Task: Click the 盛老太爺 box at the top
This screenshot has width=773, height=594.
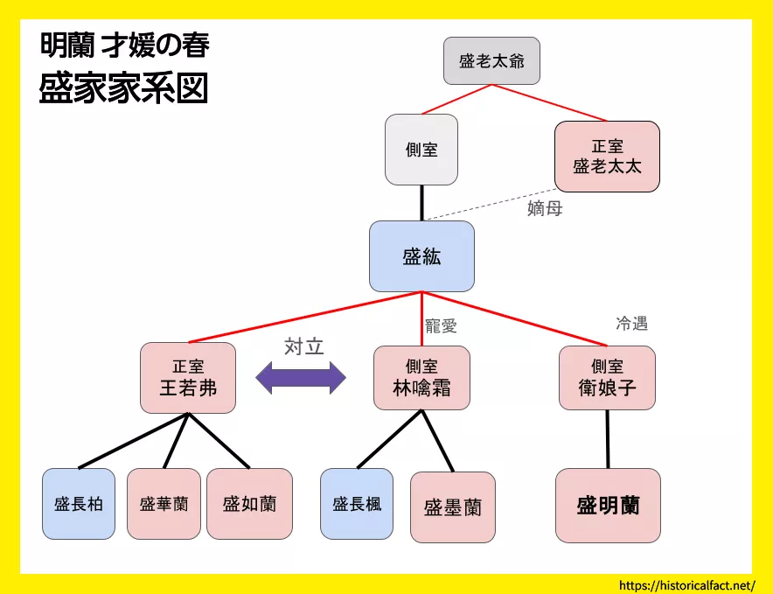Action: click(491, 61)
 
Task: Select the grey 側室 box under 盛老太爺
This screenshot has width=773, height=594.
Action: click(421, 150)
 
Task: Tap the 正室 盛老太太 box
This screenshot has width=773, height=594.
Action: click(607, 157)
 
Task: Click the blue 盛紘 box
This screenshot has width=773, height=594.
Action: click(421, 256)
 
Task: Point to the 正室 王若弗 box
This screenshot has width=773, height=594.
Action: click(188, 378)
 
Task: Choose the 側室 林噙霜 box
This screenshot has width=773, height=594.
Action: click(421, 378)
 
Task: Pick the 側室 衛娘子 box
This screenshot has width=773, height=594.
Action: click(607, 378)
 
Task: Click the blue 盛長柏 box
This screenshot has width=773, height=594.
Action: click(79, 504)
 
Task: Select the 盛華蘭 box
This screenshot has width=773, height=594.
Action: click(164, 504)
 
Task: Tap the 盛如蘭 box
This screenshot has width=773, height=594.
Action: click(249, 504)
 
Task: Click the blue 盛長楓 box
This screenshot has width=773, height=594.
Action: click(357, 504)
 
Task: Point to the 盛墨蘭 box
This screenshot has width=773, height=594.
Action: click(453, 507)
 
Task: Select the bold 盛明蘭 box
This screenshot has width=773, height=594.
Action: click(608, 506)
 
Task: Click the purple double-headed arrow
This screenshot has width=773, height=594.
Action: click(301, 378)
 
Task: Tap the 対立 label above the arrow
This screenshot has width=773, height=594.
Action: click(303, 346)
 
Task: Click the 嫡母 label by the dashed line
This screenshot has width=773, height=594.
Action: click(545, 208)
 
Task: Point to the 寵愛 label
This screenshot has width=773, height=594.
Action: click(441, 326)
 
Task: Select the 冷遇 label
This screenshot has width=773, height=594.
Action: click(631, 324)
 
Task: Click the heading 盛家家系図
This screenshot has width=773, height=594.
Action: click(123, 90)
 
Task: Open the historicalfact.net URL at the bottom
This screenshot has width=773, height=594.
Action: click(686, 584)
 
